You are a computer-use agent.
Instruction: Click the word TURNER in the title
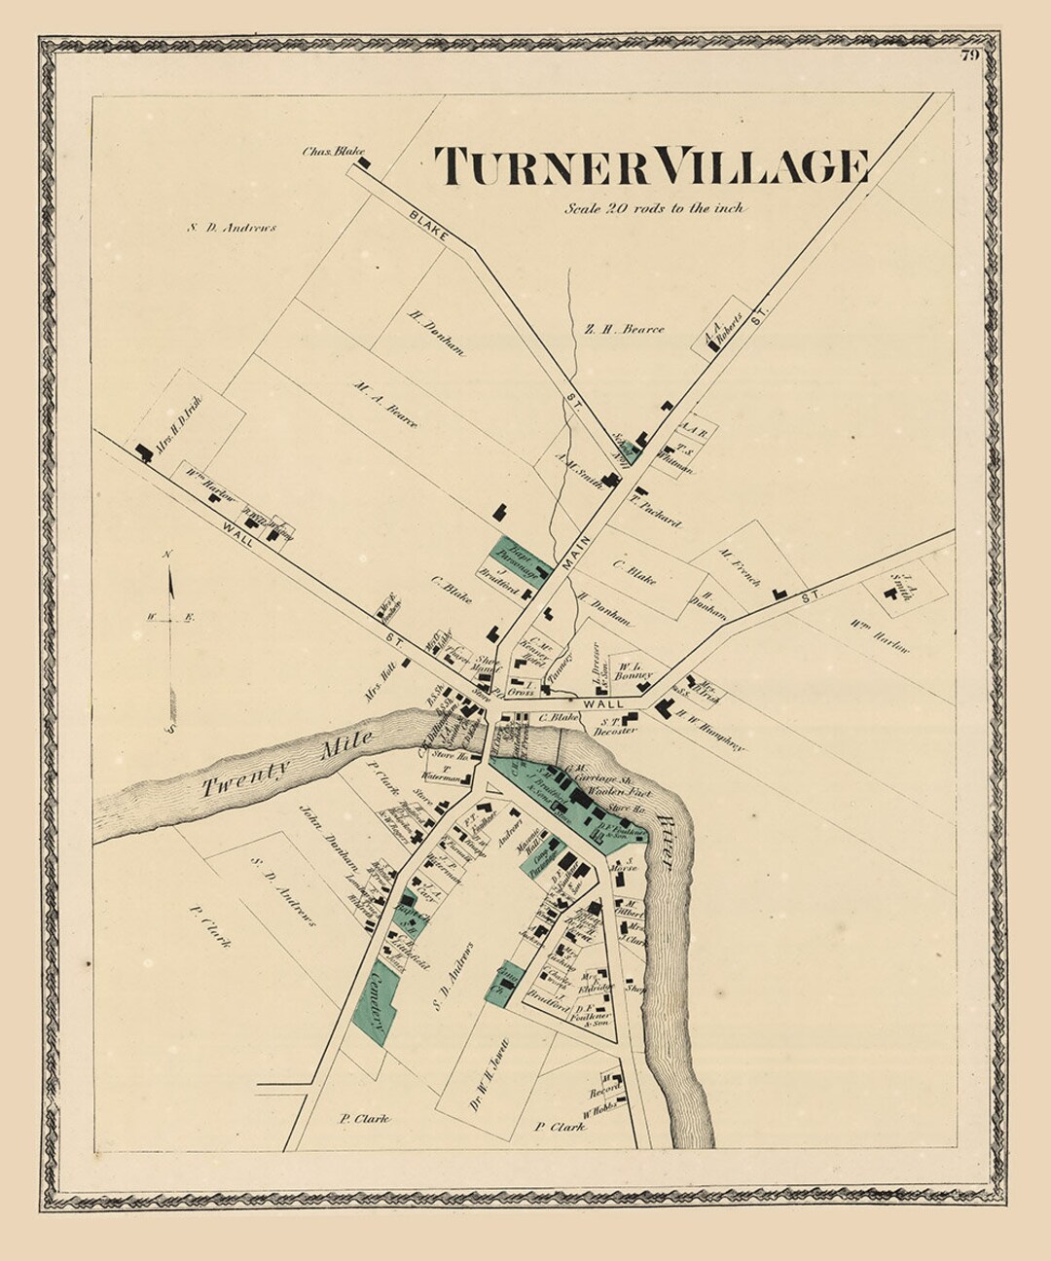[540, 166]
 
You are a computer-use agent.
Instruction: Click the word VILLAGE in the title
[761, 166]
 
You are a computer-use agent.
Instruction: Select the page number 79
[969, 55]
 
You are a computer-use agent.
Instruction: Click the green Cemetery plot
[374, 1002]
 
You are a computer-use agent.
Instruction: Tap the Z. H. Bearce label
[624, 329]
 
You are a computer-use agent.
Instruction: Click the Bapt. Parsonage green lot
[519, 559]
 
